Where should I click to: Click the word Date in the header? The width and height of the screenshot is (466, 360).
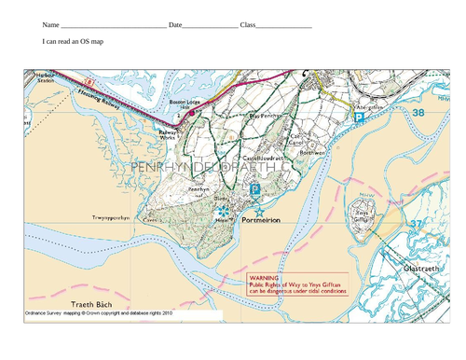(176, 24)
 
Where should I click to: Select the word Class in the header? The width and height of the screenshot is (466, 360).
(247, 24)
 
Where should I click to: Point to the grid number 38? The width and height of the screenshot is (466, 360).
(417, 112)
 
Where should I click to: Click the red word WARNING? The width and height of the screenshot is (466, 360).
(264, 278)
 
